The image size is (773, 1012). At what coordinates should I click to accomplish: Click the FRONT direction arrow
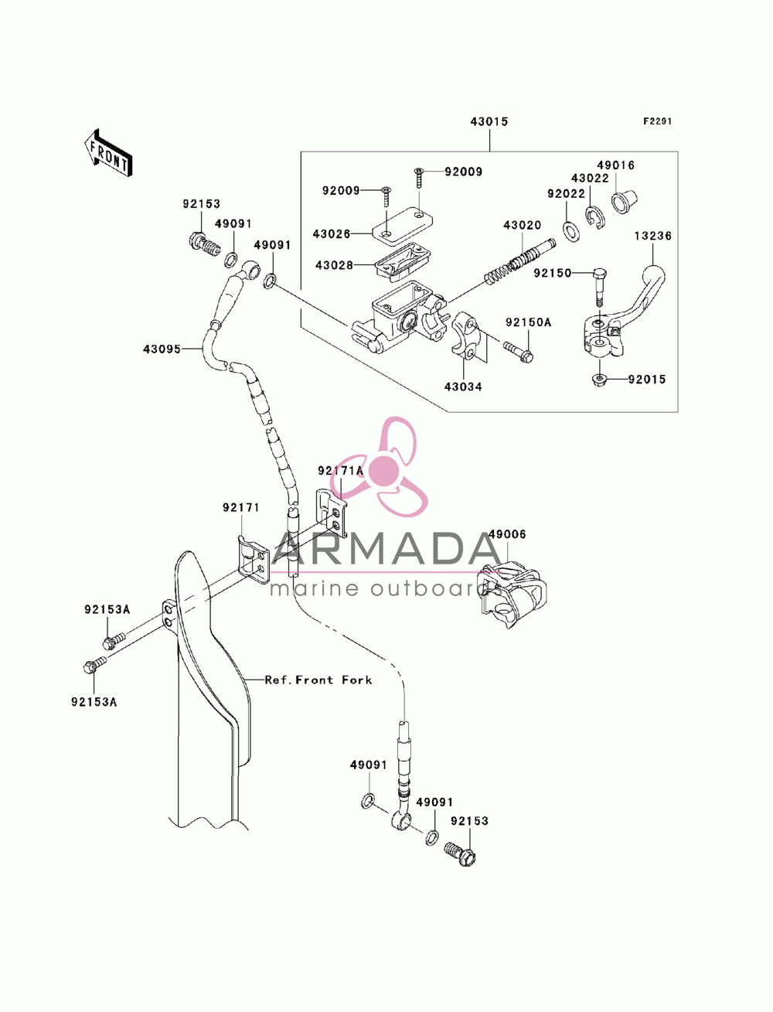pos(108,154)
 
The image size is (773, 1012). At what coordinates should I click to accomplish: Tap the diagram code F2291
pos(657,121)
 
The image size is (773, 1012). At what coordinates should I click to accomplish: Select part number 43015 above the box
pos(489,121)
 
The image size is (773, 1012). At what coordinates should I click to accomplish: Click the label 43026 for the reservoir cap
pos(332,233)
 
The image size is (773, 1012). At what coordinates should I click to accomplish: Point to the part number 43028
pos(334,265)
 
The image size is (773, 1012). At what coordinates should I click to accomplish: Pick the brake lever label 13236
pos(652,236)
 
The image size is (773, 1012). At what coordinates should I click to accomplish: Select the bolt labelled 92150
pos(598,286)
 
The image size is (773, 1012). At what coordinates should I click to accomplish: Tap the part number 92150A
pos(528,322)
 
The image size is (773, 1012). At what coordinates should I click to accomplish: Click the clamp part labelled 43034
pos(465,340)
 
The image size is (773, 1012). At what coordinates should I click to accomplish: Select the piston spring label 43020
pos(522,226)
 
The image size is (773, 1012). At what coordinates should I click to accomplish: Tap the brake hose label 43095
pos(162,349)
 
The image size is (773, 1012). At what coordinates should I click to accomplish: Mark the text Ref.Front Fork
pos(318,680)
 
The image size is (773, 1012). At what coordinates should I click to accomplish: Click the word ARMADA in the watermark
pos(386,548)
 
